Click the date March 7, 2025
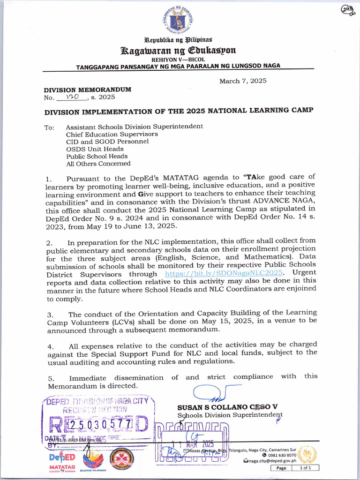[x=243, y=81]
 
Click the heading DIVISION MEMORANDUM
[x=87, y=89]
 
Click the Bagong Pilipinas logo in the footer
[x=92, y=460]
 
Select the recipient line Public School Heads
[x=97, y=157]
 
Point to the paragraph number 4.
[x=50, y=346]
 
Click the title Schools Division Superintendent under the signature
[x=230, y=415]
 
